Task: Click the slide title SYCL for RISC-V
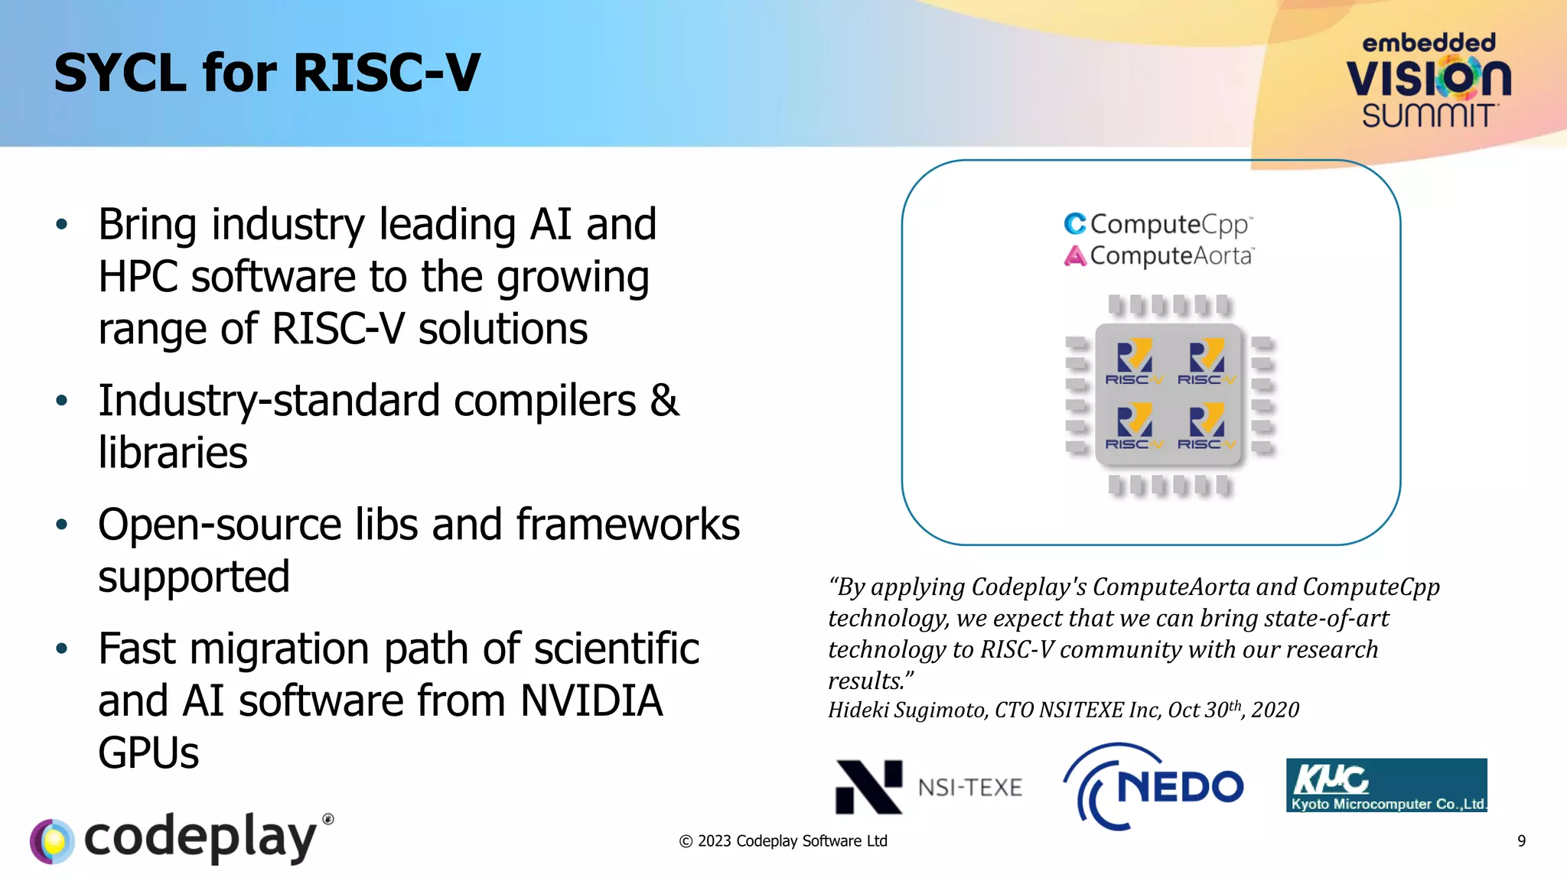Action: pos(266,73)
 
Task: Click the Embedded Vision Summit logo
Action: pos(1428,81)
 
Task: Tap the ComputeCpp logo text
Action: pos(1158,224)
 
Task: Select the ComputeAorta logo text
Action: pos(1158,255)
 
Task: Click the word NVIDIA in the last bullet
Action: pos(591,701)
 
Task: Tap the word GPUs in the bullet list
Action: pos(148,753)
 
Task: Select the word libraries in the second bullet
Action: pos(173,453)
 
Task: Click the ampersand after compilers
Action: pos(664,400)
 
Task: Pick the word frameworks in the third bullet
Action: pos(627,525)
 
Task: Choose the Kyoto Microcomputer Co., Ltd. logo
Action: pos(1386,785)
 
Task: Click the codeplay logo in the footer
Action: pos(182,838)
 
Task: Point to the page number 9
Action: pos(1521,841)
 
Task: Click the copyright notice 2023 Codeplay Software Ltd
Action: pos(783,841)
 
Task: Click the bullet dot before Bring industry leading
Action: pos(62,225)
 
